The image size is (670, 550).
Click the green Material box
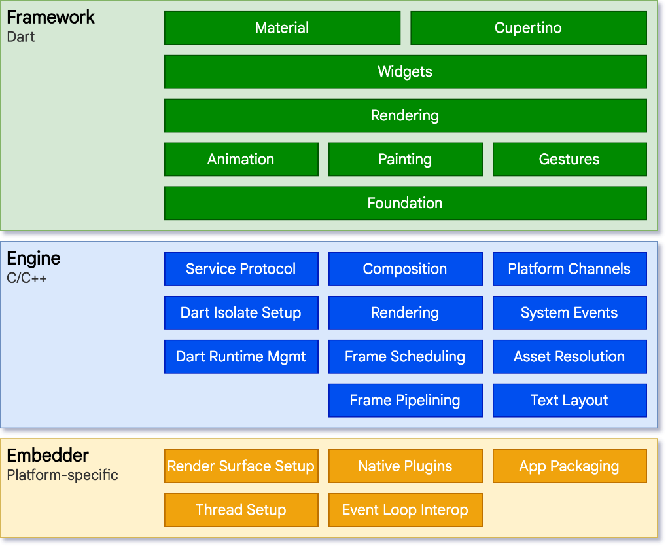tap(282, 28)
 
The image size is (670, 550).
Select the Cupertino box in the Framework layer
tap(528, 28)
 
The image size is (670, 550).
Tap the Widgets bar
tap(405, 72)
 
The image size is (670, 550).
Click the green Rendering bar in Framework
tap(405, 116)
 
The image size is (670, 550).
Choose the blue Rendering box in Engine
tap(405, 313)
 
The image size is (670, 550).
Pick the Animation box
tap(241, 160)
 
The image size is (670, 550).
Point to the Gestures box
tap(569, 160)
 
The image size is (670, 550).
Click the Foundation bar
tap(405, 204)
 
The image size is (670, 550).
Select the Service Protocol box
tap(241, 269)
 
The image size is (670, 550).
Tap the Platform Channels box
tap(569, 269)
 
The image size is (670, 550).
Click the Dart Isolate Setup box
tap(241, 313)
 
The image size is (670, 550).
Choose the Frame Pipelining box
tap(405, 401)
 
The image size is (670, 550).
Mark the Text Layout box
tap(569, 401)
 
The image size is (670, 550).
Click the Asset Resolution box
tap(569, 357)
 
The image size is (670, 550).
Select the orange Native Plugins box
tap(405, 466)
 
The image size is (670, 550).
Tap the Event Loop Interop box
tap(405, 510)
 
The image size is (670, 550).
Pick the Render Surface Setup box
tap(241, 466)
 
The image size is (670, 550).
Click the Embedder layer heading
tap(48, 456)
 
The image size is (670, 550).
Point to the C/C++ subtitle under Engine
tap(27, 278)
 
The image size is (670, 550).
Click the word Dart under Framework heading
tap(21, 37)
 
